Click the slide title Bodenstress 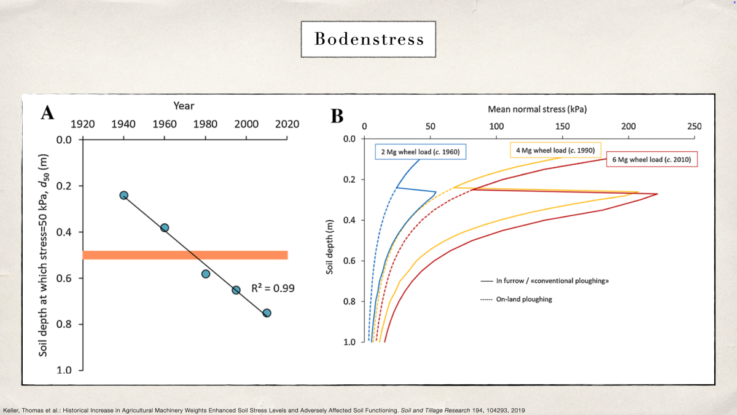[368, 39]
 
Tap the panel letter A [47, 115]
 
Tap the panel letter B [337, 115]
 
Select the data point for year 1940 [123, 195]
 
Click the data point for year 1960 [165, 227]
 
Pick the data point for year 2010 [267, 313]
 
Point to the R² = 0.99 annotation [273, 287]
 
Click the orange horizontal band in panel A [185, 255]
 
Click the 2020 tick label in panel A [287, 124]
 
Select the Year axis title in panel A [184, 106]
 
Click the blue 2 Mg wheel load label [417, 151]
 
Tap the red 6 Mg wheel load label [652, 159]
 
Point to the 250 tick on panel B [694, 126]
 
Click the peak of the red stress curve [657, 194]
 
